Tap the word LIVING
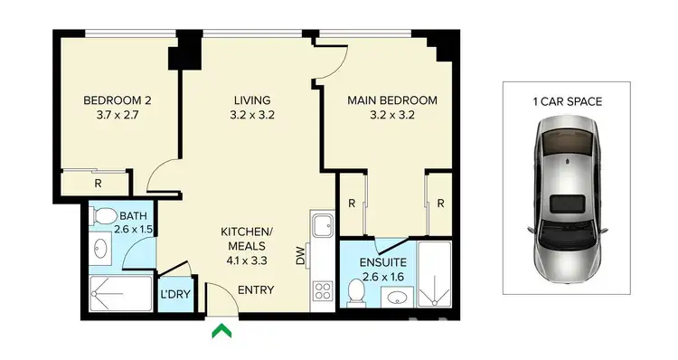click(252, 100)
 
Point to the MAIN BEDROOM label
click(392, 100)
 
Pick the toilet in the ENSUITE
click(356, 292)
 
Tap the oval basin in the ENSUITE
click(395, 297)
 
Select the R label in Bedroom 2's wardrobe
click(97, 183)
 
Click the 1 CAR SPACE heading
click(567, 101)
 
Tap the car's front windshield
click(567, 145)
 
